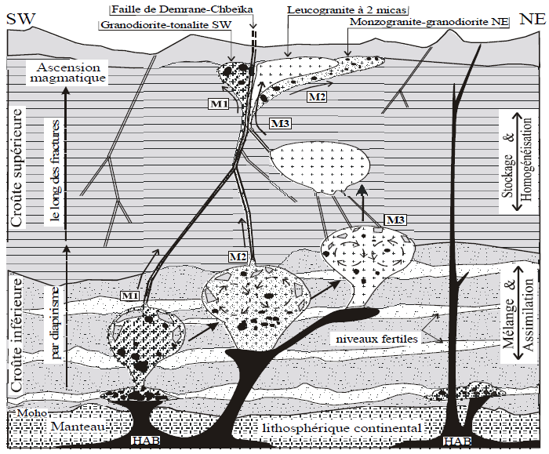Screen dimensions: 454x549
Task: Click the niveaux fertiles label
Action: click(376, 340)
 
